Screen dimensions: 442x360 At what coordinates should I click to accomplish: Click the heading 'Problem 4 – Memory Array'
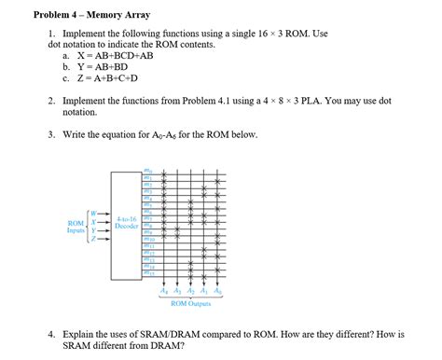(x=91, y=15)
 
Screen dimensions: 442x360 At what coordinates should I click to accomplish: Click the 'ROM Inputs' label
(x=76, y=226)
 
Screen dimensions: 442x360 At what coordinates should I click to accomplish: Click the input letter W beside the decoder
(x=93, y=215)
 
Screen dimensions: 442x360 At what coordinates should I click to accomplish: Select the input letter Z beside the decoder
(x=93, y=238)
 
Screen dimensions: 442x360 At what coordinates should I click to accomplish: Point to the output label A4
(x=165, y=290)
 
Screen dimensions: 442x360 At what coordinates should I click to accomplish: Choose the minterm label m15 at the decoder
(x=147, y=273)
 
